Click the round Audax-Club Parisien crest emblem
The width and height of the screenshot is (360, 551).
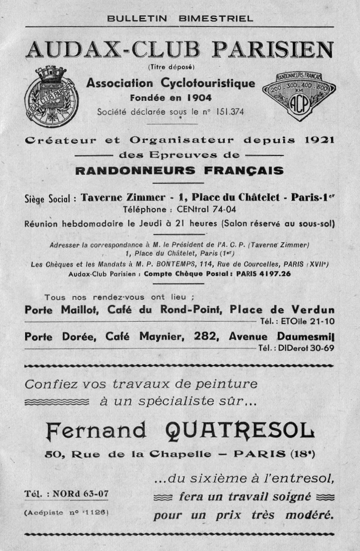click(52, 97)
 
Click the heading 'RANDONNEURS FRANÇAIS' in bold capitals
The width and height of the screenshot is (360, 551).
click(180, 170)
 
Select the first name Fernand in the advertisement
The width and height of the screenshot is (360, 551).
click(96, 430)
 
